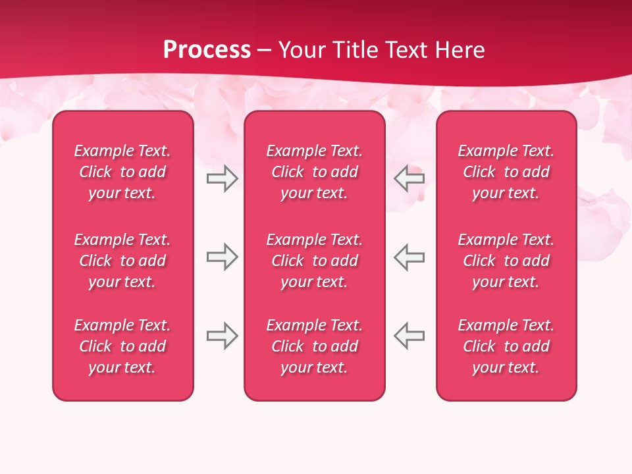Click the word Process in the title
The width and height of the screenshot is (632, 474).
coord(207,50)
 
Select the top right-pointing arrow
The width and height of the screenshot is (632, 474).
coord(222,178)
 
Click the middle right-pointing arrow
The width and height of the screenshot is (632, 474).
coord(222,257)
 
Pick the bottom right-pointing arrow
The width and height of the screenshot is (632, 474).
coord(222,336)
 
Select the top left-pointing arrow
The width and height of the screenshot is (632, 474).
coord(409,178)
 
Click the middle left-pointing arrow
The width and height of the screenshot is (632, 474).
coord(409,257)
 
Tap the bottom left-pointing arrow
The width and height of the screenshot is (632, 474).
coord(409,336)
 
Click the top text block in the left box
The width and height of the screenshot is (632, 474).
coord(122,172)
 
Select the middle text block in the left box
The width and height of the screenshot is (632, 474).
coord(122,261)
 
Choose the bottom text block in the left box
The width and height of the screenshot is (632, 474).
coord(122,346)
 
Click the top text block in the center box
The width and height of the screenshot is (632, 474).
coord(315,172)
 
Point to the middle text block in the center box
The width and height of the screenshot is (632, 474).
coord(315,261)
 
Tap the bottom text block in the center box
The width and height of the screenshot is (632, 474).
coord(315,346)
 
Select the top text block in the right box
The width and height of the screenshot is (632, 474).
coord(506,172)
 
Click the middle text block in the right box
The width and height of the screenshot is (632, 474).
coord(506,261)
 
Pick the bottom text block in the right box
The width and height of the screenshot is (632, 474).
coord(506,346)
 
